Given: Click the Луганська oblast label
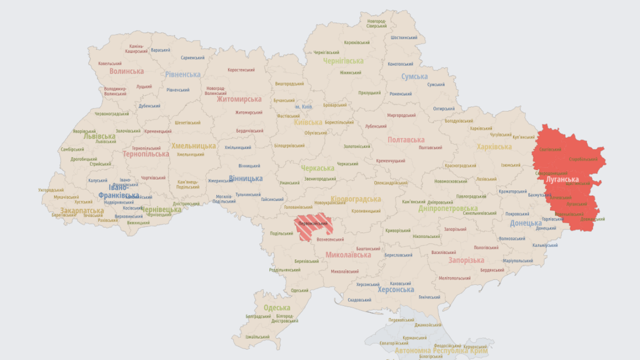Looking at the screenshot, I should (x=562, y=179).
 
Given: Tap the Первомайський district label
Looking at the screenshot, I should (x=313, y=223).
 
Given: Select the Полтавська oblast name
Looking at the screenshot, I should (x=406, y=140).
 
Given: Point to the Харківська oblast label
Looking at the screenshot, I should (x=494, y=147).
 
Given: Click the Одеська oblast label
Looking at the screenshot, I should (x=276, y=308).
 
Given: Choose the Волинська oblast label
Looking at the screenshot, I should (x=126, y=71).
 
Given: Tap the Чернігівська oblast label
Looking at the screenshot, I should (x=343, y=61).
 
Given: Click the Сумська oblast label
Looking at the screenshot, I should (x=414, y=76).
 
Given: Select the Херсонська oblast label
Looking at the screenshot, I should (x=395, y=289).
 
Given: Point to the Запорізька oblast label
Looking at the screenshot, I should (x=466, y=260).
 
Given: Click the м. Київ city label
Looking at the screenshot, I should (x=303, y=107).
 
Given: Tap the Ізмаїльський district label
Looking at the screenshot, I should (x=257, y=337).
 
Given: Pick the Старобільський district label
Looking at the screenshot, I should (x=583, y=159).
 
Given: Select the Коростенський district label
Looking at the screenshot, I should (x=241, y=70).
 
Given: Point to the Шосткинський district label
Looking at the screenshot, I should (x=404, y=37).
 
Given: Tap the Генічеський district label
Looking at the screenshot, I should (x=429, y=297).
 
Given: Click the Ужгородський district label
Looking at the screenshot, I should (x=51, y=190).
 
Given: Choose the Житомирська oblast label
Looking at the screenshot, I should (x=239, y=99).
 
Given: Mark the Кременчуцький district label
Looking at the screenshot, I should (x=391, y=161).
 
